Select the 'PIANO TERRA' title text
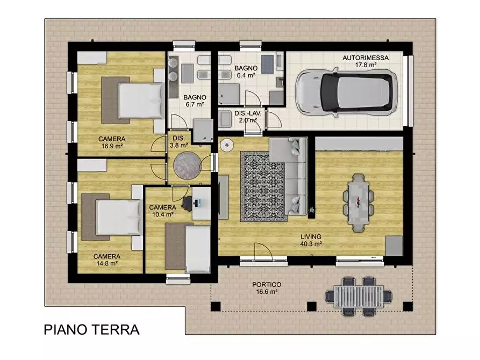(x=91, y=329)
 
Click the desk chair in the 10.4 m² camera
(x=188, y=203)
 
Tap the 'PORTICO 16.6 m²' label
(x=267, y=288)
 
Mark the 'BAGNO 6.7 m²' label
(x=195, y=100)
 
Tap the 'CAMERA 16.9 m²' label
(x=112, y=142)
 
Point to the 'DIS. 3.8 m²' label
(x=179, y=141)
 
